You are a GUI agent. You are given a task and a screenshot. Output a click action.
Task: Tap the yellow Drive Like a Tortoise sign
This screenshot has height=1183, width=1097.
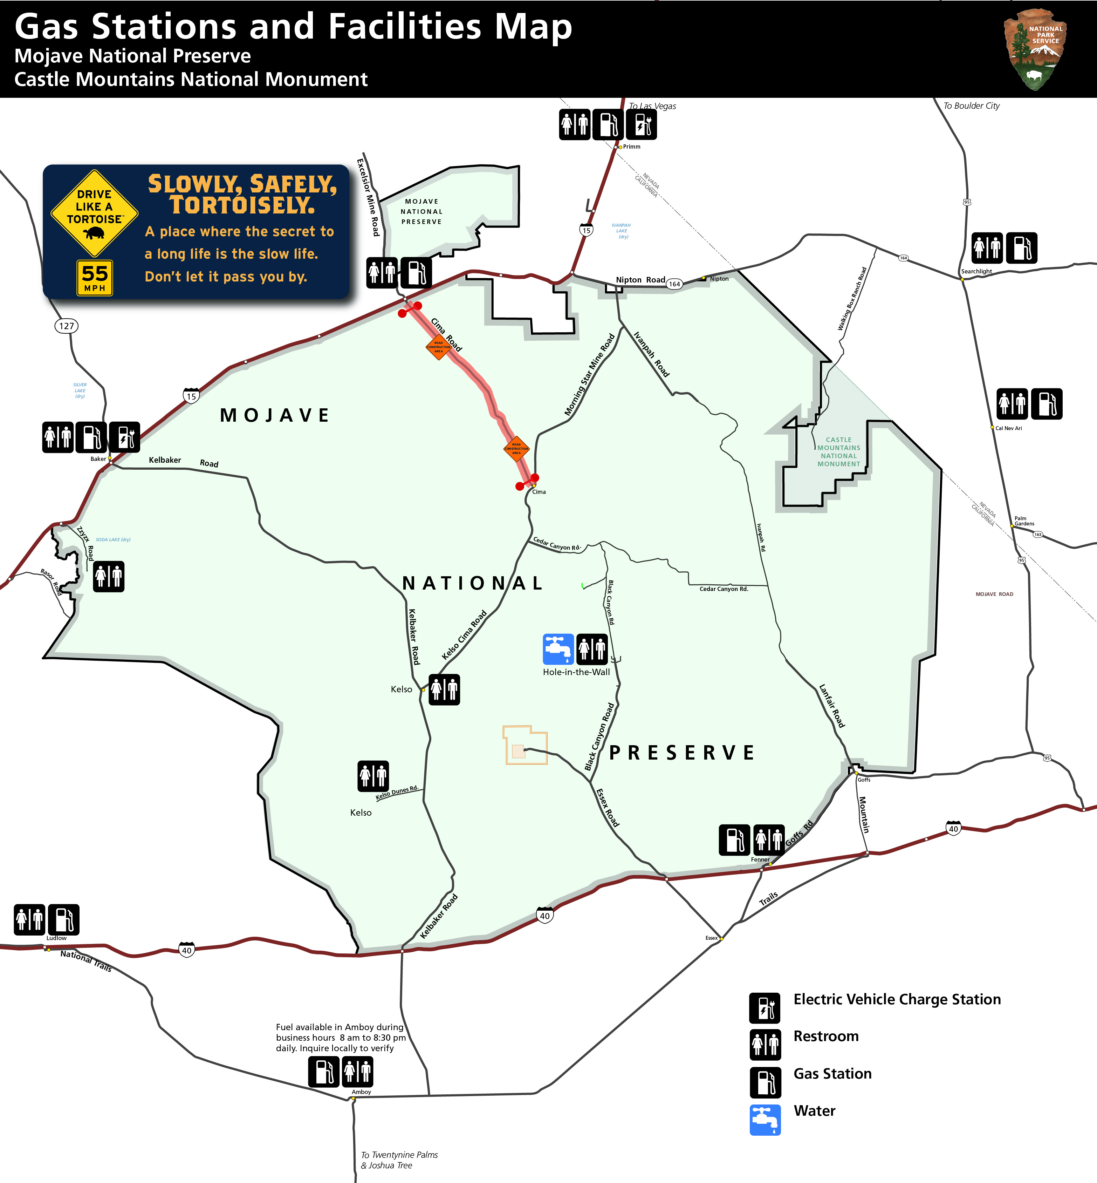coord(94,213)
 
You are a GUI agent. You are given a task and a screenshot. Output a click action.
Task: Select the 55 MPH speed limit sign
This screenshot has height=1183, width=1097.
coord(94,277)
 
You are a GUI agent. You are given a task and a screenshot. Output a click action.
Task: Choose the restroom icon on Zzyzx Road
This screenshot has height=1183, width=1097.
coord(109,576)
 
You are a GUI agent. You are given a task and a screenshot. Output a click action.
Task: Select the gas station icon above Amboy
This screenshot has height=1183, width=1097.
coord(323,1072)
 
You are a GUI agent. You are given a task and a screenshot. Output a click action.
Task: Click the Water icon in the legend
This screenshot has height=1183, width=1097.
coord(765,1120)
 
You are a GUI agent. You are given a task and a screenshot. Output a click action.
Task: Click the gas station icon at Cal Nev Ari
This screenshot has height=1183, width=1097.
coord(1047,404)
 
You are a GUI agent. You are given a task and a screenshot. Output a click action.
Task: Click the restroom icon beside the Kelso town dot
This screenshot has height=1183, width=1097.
coord(444,689)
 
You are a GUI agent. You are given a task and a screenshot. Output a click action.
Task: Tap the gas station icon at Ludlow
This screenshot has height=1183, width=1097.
coord(63,919)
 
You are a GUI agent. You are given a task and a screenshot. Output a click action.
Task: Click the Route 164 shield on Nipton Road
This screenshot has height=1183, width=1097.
coord(674,284)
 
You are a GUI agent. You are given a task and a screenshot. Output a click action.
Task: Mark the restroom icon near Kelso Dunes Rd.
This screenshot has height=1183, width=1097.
coord(373,776)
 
